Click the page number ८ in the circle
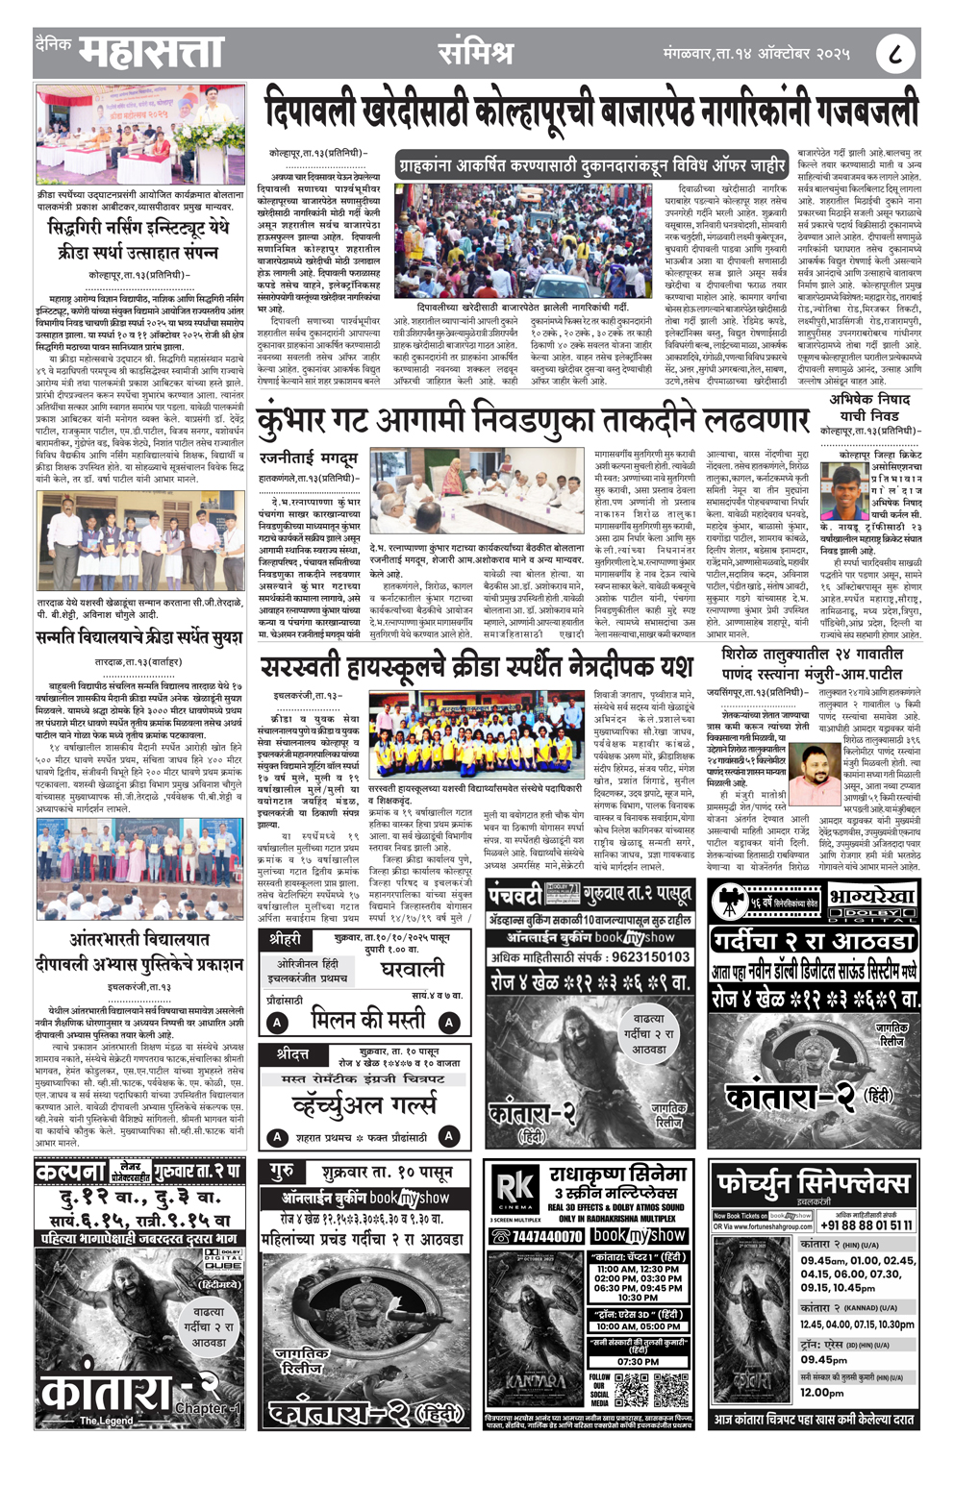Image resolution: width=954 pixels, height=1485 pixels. click(894, 54)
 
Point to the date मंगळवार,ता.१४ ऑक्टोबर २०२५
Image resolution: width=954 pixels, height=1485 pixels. click(756, 54)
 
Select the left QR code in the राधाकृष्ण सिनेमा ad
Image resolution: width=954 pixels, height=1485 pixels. click(631, 1389)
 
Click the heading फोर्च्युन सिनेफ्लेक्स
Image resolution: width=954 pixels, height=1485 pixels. click(813, 1181)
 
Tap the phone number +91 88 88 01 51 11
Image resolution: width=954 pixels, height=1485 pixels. click(866, 1225)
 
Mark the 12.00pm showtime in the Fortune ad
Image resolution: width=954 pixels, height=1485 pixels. click(822, 1392)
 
